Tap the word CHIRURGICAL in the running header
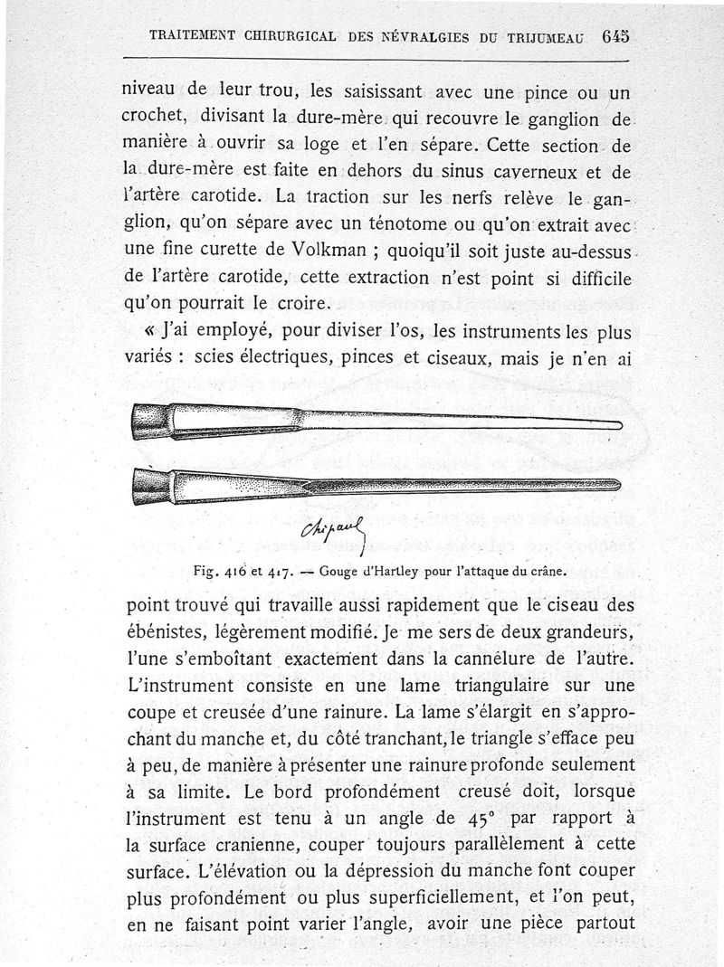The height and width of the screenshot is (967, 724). [x=285, y=37]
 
